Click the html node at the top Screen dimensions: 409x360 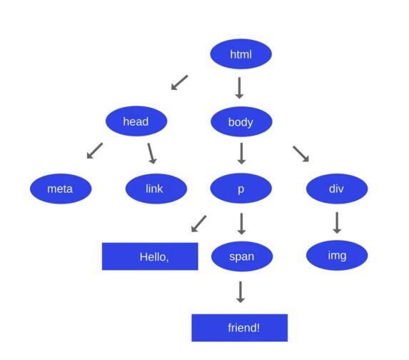[241, 54]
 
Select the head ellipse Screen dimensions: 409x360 [136, 121]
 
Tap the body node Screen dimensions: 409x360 [241, 121]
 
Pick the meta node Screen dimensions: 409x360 [61, 189]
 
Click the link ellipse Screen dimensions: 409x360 [156, 189]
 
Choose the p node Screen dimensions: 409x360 [241, 189]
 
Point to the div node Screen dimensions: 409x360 [337, 189]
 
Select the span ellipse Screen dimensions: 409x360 [242, 256]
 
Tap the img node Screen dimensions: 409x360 [337, 255]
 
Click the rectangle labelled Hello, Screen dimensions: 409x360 [150, 256]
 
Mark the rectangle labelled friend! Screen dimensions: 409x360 [240, 328]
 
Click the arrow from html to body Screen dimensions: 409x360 [239, 88]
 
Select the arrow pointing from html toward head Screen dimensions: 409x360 [179, 82]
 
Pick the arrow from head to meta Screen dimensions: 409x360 [95, 151]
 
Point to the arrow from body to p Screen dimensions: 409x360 [241, 154]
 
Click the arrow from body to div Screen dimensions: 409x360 [301, 154]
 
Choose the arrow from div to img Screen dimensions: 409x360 [337, 223]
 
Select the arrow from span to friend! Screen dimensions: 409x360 [241, 292]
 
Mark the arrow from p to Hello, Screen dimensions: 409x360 [198, 224]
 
